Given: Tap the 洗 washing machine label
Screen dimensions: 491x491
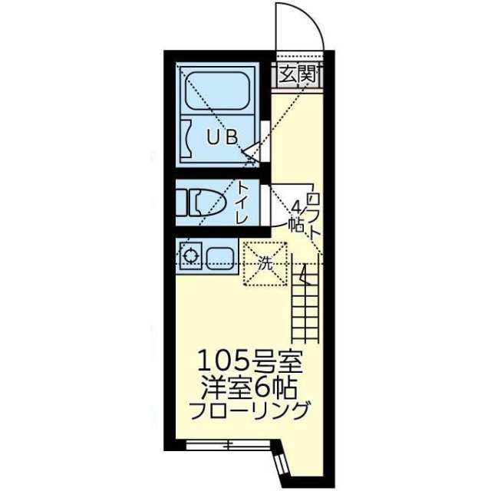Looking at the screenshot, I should click(265, 262).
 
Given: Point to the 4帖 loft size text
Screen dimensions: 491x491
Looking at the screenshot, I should click(295, 215).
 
